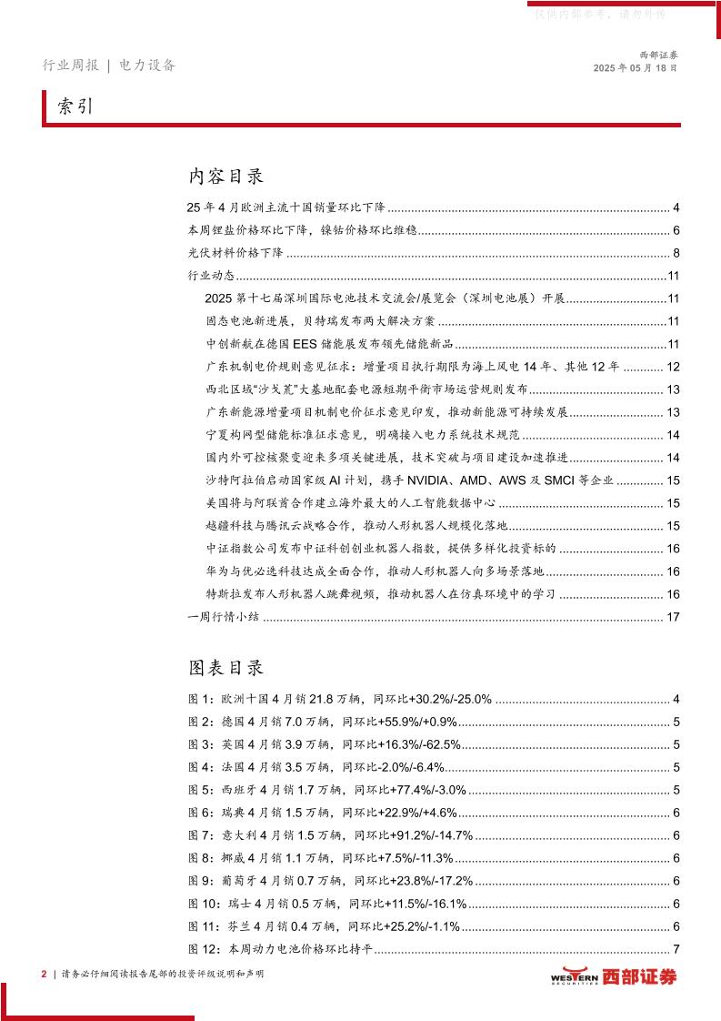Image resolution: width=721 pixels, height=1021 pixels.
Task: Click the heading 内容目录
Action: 226,175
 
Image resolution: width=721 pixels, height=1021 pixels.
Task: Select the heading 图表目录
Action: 226,668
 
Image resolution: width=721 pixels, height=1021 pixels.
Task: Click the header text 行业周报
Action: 71,66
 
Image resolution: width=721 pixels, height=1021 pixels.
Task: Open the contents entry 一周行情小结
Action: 224,618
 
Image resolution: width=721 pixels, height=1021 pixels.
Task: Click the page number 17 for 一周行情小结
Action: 674,618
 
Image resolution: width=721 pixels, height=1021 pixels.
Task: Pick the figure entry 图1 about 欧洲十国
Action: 340,700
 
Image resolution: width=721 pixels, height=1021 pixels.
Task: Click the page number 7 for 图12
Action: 676,951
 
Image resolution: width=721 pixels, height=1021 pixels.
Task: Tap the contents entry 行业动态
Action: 211,276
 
